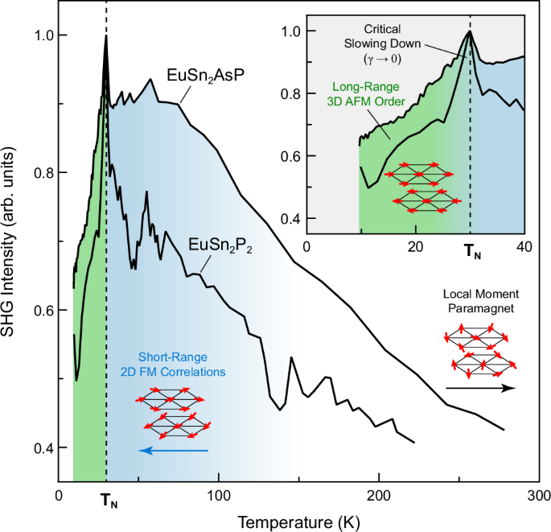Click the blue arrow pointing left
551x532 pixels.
click(x=174, y=451)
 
